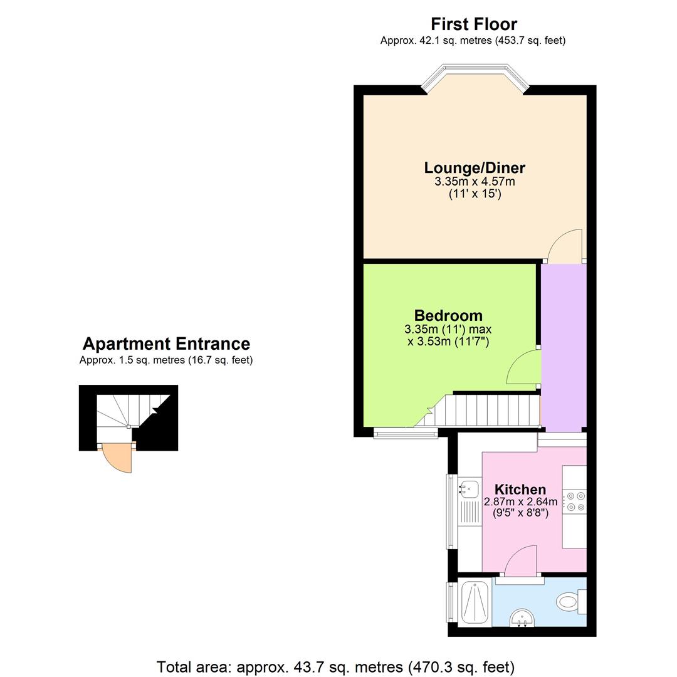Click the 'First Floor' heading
coord(473,24)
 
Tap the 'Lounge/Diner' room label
coord(475,168)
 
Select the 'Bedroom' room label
coord(448,315)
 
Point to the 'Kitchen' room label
coord(520,490)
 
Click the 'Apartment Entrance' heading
coord(166,344)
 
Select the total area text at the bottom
coord(335,666)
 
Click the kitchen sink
coord(468,485)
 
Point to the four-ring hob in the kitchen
coord(575,501)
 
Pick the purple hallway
coord(563,345)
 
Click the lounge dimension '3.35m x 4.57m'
coord(475,182)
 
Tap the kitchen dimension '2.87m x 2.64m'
coord(520,502)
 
